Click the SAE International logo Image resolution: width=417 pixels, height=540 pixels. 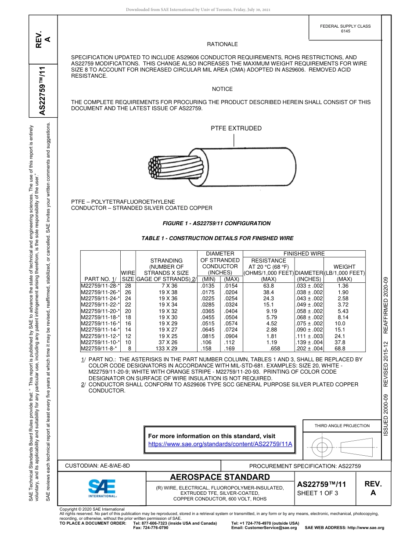(102, 488)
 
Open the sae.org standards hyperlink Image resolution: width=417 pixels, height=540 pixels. (220, 444)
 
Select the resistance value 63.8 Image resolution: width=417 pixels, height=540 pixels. (268, 285)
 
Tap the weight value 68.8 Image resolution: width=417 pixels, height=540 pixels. (340, 349)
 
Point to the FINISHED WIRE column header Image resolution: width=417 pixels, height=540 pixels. (304, 254)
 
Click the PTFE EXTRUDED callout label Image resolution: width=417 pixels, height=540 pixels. (236, 129)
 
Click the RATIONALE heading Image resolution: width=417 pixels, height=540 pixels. (222, 44)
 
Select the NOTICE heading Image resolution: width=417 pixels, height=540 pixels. (222, 89)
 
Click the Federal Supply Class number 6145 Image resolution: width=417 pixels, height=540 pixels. (345, 31)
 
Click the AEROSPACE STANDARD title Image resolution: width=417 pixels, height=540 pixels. (220, 477)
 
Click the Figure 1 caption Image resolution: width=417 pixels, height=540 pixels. (216, 223)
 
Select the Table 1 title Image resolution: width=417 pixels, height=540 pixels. (217, 238)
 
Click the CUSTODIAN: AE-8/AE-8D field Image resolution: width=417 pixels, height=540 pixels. (97, 465)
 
